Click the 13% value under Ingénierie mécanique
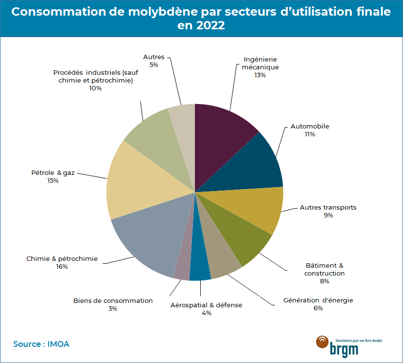260,75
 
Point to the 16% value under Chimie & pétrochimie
62,267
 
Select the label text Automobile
310,127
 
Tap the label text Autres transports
328,208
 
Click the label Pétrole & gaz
53,173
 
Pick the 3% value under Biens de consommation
113,309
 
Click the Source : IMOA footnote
42,344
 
